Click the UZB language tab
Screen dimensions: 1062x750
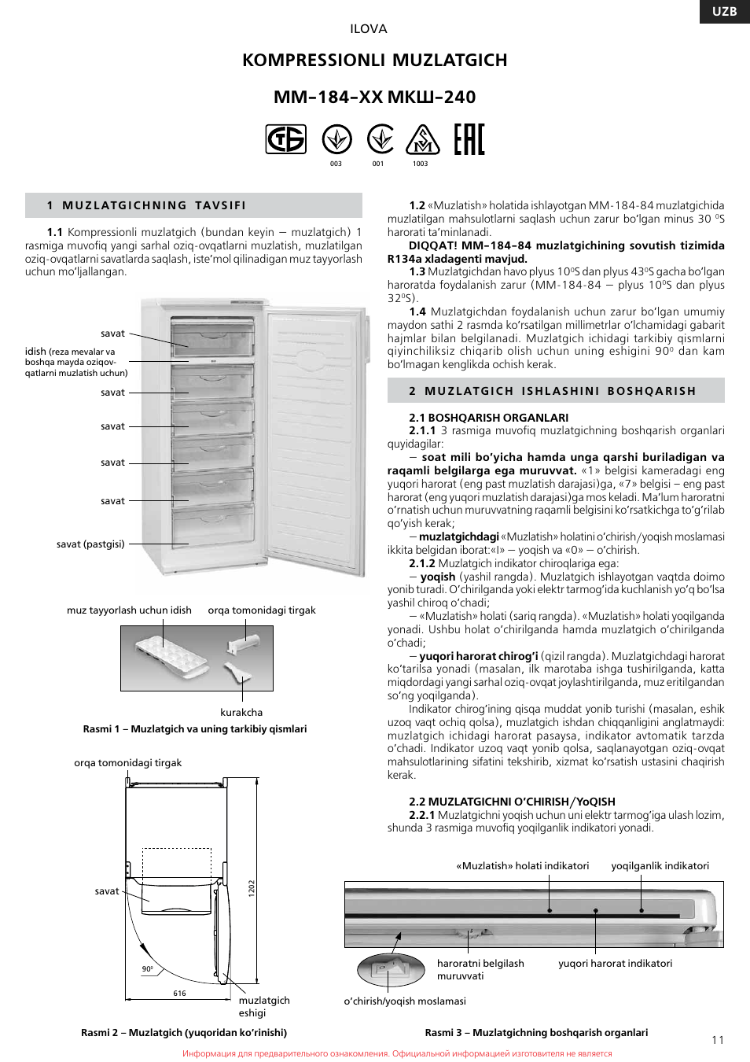[x=724, y=11]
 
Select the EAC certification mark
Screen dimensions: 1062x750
[x=469, y=139]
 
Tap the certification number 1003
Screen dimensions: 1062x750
[x=420, y=164]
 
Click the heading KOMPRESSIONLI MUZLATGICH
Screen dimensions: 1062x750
[x=374, y=60]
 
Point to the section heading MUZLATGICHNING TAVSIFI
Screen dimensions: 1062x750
[x=154, y=205]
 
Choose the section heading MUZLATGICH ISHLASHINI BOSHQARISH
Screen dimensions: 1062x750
[x=560, y=391]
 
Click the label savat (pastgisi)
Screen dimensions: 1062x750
[x=90, y=544]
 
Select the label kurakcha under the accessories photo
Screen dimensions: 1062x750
[x=241, y=712]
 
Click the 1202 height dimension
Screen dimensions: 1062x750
[x=252, y=887]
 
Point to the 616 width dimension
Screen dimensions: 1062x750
[x=179, y=993]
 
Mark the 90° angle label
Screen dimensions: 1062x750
[x=147, y=968]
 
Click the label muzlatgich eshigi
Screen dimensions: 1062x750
[x=264, y=1006]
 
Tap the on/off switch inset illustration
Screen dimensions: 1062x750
[x=392, y=969]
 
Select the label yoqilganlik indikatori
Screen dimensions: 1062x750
[x=660, y=865]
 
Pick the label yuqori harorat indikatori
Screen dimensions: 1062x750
[x=615, y=963]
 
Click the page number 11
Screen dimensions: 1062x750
[x=717, y=1039]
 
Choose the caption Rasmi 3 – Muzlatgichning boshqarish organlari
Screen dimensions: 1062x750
[x=536, y=1032]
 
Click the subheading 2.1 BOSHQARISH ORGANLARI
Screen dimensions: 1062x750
[x=488, y=418]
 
